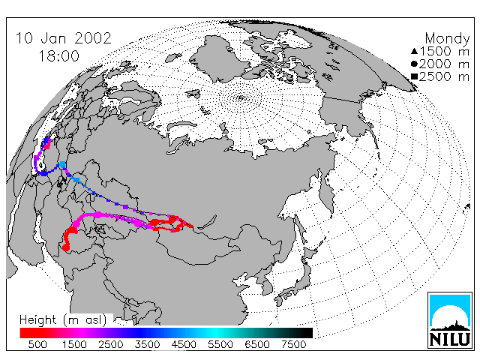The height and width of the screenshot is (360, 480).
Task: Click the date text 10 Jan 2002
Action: (x=63, y=38)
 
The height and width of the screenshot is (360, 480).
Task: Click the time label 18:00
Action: (x=58, y=56)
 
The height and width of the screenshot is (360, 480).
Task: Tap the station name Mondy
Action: (x=447, y=39)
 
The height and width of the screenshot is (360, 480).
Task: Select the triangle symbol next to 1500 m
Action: (x=414, y=51)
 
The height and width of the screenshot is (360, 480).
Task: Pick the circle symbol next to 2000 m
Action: (x=414, y=64)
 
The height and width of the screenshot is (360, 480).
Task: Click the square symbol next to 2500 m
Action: (x=414, y=76)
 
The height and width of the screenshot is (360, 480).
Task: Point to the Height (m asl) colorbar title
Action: (x=63, y=320)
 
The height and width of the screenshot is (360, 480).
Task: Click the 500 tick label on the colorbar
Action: (x=37, y=344)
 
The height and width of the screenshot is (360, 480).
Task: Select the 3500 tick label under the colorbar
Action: (x=147, y=344)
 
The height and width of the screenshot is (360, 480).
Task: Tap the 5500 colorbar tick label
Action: (x=220, y=344)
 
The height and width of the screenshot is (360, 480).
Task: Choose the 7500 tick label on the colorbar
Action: (x=293, y=344)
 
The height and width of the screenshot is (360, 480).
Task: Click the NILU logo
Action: (x=449, y=320)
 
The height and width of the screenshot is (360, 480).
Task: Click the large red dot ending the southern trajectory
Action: (x=66, y=247)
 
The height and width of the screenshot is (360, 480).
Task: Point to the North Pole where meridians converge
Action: (x=241, y=98)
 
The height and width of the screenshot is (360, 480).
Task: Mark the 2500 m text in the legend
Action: (x=444, y=76)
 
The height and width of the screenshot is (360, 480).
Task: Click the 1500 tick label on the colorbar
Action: (x=74, y=344)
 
